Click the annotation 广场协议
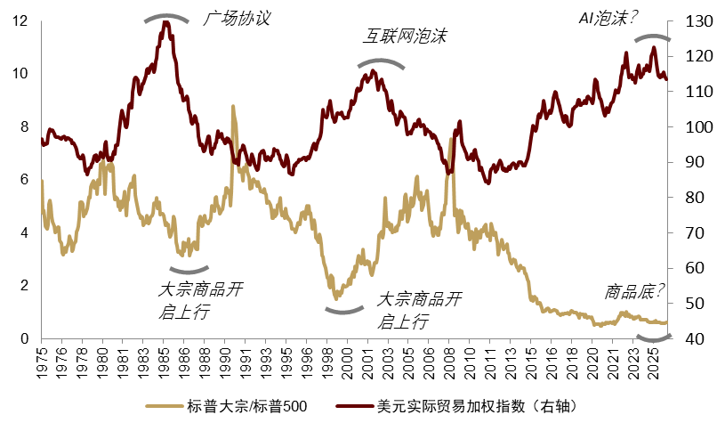237,17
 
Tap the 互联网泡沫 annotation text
404,37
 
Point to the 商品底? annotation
635,290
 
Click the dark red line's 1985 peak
165,22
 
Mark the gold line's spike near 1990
233,107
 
